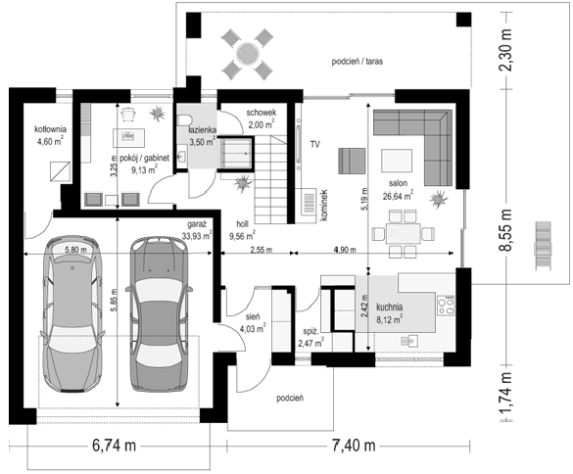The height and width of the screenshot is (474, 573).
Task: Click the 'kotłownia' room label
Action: pyautogui.click(x=50, y=129)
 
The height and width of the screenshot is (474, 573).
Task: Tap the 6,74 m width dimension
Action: pyautogui.click(x=114, y=446)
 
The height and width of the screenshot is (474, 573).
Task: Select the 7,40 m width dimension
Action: pyautogui.click(x=354, y=446)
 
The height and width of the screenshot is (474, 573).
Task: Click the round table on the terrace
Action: pyautogui.click(x=248, y=54)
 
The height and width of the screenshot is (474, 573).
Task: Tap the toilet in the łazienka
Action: pyautogui.click(x=184, y=119)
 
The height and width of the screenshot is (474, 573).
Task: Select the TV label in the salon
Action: pyautogui.click(x=315, y=144)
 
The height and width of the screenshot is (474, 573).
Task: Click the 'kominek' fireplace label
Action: pyautogui.click(x=323, y=205)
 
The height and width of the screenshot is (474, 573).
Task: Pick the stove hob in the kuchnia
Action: pyautogui.click(x=446, y=306)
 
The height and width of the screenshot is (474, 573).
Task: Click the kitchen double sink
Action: pyautogui.click(x=409, y=341)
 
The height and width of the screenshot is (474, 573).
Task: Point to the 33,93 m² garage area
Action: pyautogui.click(x=197, y=236)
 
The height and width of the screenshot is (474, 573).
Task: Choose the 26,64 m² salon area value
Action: pyautogui.click(x=398, y=196)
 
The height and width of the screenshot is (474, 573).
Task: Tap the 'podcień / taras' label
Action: pyautogui.click(x=358, y=62)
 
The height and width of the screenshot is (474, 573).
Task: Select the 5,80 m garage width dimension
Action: pyautogui.click(x=76, y=250)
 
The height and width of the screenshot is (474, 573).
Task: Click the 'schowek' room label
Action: pyautogui.click(x=261, y=113)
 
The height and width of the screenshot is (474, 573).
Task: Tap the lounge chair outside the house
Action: pyautogui.click(x=543, y=246)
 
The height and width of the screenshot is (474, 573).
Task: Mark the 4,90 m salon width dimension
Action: pyautogui.click(x=344, y=250)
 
